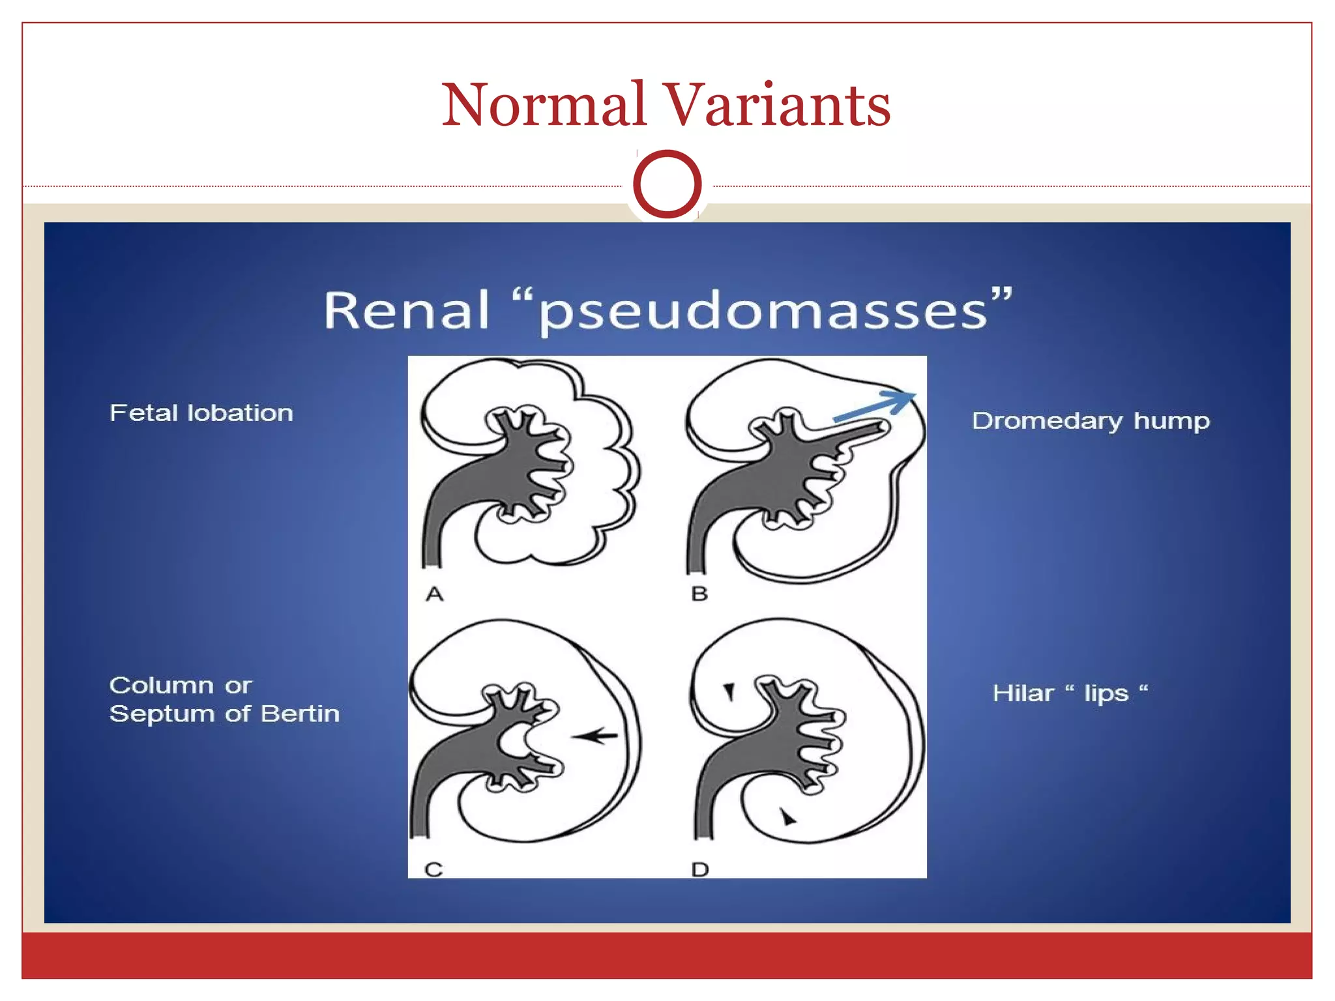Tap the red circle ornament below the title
pyautogui.click(x=667, y=184)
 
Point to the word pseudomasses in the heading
pyautogui.click(x=763, y=312)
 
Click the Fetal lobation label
pyautogui.click(x=201, y=413)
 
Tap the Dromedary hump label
pyautogui.click(x=1091, y=421)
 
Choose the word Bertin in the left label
pyautogui.click(x=300, y=714)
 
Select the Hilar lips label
pyautogui.click(x=1069, y=693)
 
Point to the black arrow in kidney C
pyautogui.click(x=594, y=736)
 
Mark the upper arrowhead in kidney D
pyautogui.click(x=729, y=691)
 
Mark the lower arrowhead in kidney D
pyautogui.click(x=788, y=817)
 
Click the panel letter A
pyautogui.click(x=435, y=594)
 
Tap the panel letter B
pyautogui.click(x=699, y=594)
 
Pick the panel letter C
pyautogui.click(x=433, y=869)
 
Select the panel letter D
pyautogui.click(x=700, y=869)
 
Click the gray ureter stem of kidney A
pyautogui.click(x=432, y=541)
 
